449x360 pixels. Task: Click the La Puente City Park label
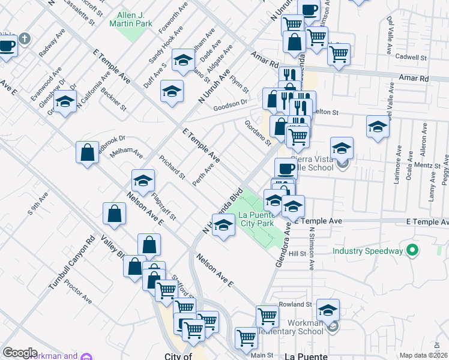(257, 219)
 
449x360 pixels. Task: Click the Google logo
(20, 353)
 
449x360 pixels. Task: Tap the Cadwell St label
(412, 58)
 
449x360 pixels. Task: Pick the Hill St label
(297, 254)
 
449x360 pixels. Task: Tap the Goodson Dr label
(231, 103)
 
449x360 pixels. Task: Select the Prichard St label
(172, 167)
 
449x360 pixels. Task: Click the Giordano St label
(258, 133)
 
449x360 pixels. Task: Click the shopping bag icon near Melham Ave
(87, 152)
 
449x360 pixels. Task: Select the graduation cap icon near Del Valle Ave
(378, 127)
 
